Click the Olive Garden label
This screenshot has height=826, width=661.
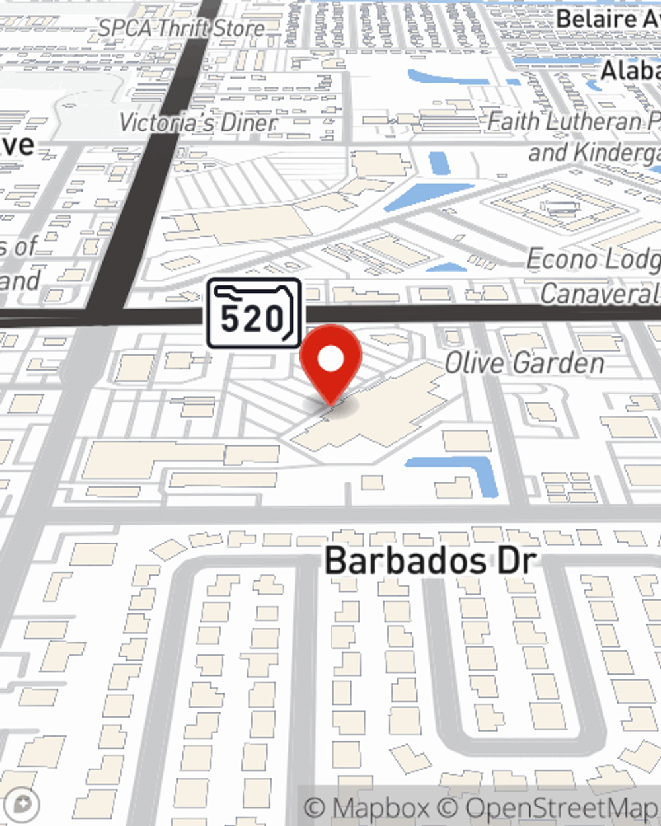(x=524, y=363)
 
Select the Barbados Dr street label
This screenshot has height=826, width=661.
(x=430, y=561)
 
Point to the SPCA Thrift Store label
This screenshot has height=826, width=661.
(x=182, y=28)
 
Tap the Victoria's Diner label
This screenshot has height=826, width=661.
(x=197, y=123)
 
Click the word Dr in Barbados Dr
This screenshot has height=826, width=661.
(x=516, y=561)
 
